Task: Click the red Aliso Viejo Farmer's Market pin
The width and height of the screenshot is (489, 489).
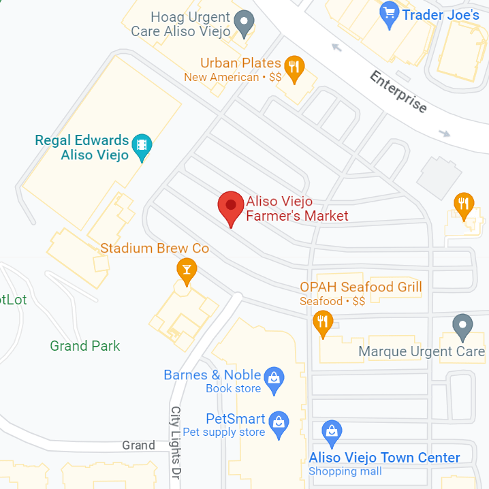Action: pyautogui.click(x=231, y=206)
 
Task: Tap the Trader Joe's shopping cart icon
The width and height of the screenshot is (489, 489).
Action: pyautogui.click(x=390, y=14)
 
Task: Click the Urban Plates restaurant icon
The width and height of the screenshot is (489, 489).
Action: pyautogui.click(x=294, y=67)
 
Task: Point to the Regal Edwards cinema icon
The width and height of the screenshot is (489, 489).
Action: pyautogui.click(x=142, y=145)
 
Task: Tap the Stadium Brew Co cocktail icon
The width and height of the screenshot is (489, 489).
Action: pyautogui.click(x=186, y=269)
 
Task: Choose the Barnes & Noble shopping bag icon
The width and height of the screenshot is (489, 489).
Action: pyautogui.click(x=274, y=378)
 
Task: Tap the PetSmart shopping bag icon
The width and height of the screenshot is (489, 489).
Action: pyautogui.click(x=279, y=422)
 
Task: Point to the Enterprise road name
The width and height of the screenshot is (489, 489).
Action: pyautogui.click(x=398, y=91)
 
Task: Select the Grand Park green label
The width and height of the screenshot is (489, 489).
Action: pyautogui.click(x=85, y=346)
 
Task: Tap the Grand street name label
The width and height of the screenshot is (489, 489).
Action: pyautogui.click(x=139, y=445)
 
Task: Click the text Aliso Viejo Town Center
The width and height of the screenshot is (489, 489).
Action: pyautogui.click(x=384, y=458)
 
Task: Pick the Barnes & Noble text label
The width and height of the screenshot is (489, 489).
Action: pyautogui.click(x=212, y=375)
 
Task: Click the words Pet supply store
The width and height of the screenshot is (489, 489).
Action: pyautogui.click(x=223, y=432)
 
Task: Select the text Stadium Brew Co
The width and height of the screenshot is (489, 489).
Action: pyautogui.click(x=155, y=249)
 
